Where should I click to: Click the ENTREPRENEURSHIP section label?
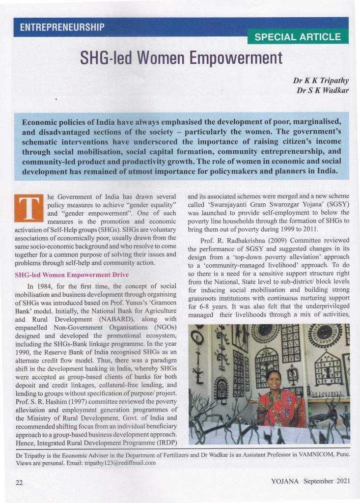(x=62, y=28)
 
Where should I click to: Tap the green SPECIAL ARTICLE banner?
(x=298, y=37)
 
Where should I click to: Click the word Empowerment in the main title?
(x=236, y=58)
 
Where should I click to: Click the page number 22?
(x=20, y=482)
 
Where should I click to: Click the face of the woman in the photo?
(x=273, y=378)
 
